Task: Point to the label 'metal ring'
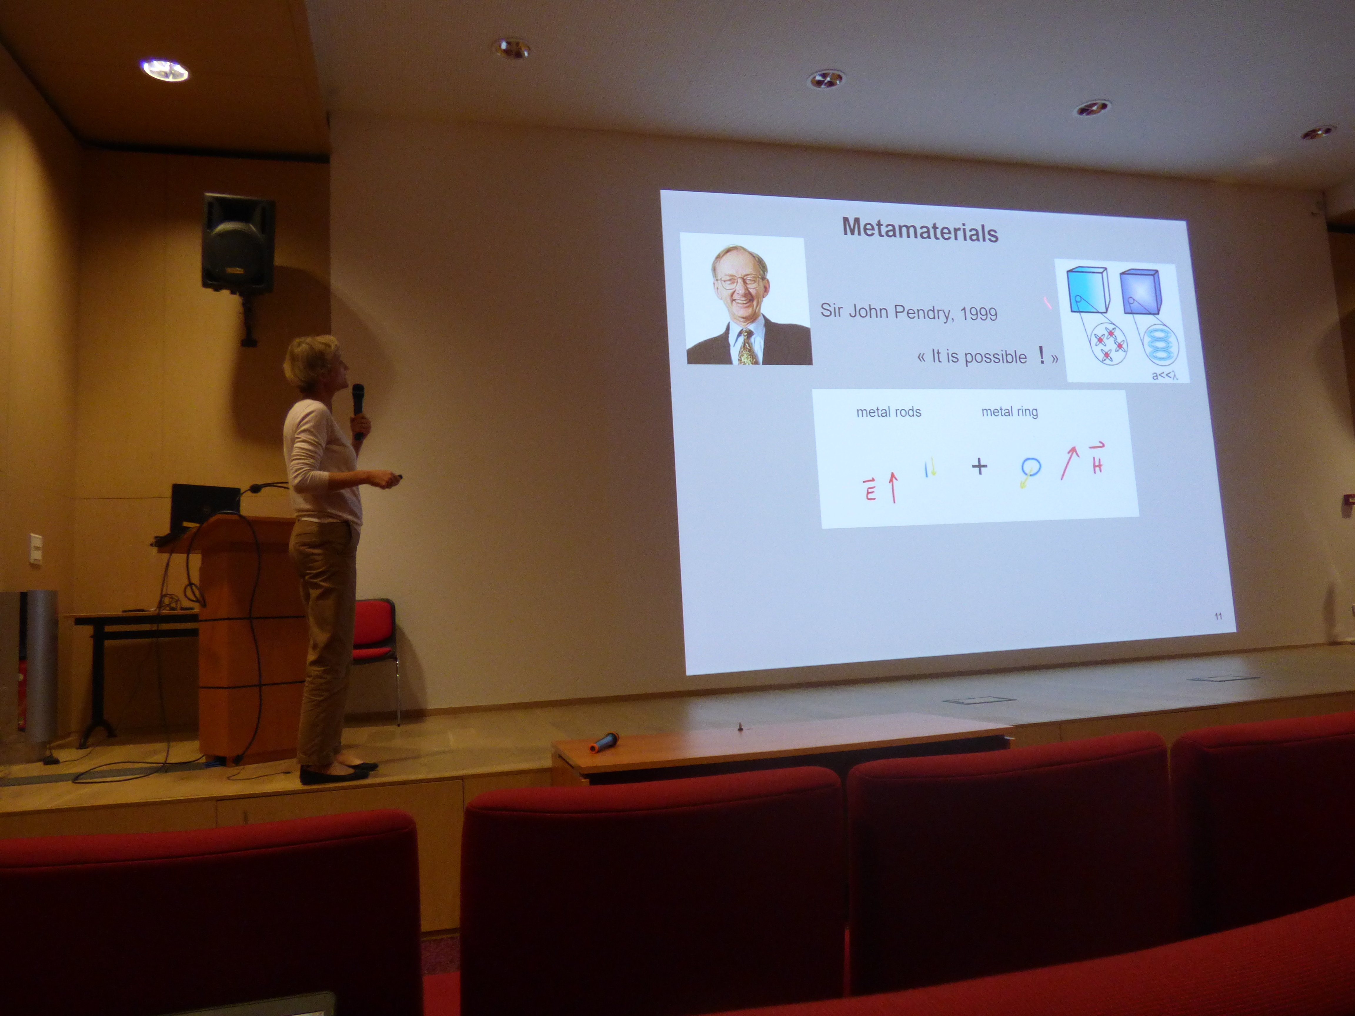[1009, 412]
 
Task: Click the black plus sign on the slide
[979, 467]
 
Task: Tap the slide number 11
[1218, 616]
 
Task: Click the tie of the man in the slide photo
[747, 347]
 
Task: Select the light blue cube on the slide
[1087, 290]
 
